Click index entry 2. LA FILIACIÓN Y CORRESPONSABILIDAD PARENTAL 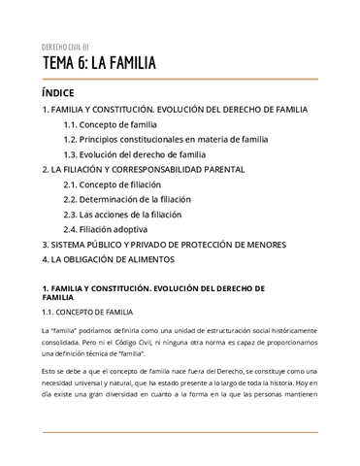(x=143, y=169)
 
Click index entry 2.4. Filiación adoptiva (x=109, y=229)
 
